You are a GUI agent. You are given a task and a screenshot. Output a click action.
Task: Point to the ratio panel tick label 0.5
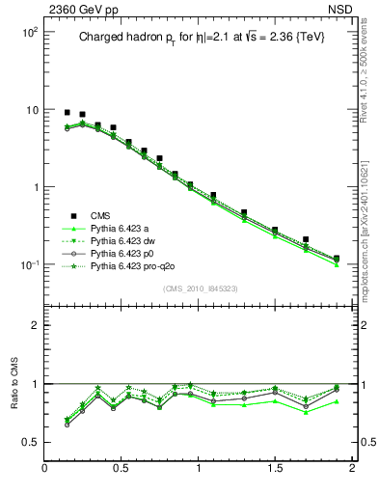point(29,442)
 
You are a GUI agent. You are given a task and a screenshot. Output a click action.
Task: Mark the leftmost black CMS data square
point(67,112)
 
